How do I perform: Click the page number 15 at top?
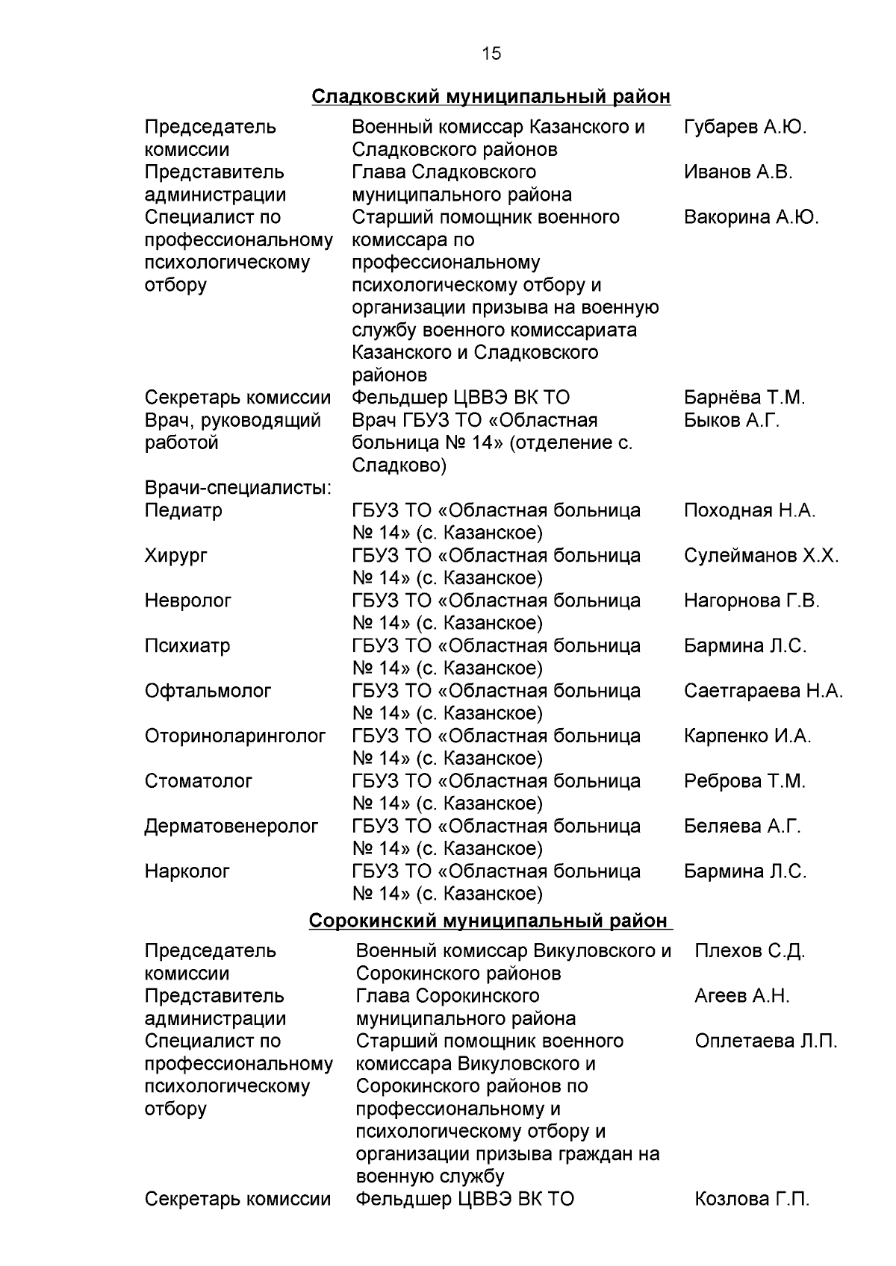(x=491, y=54)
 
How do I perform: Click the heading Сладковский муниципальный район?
(x=491, y=97)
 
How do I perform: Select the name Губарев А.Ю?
(x=744, y=127)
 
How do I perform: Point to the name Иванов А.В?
(x=738, y=172)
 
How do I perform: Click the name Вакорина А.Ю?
(x=750, y=217)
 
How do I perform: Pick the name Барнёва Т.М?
(x=744, y=398)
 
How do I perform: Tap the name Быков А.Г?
(x=731, y=420)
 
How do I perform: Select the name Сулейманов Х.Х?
(x=761, y=556)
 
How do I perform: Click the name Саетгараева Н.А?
(x=763, y=691)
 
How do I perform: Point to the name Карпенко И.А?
(x=747, y=736)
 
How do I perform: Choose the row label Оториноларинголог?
(x=235, y=736)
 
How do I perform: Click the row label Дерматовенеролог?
(x=231, y=826)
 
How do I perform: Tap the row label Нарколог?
(x=187, y=871)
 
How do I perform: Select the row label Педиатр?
(x=183, y=511)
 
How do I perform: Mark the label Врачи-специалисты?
(x=238, y=488)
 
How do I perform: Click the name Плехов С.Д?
(x=749, y=951)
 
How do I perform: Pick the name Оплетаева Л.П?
(x=765, y=1041)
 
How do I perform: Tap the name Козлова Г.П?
(x=751, y=1199)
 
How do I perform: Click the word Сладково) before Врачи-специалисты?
(x=399, y=466)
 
